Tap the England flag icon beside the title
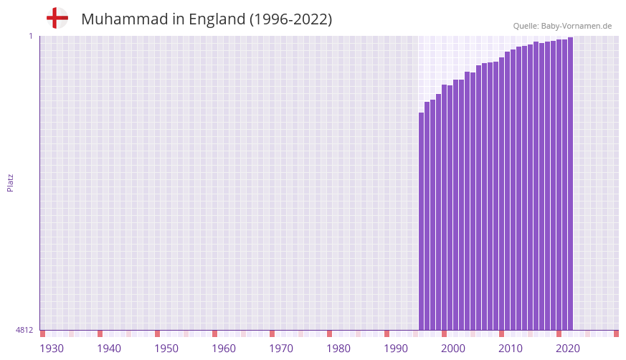pyautogui.click(x=57, y=19)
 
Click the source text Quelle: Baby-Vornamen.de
pyautogui.click(x=562, y=26)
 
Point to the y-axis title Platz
pyautogui.click(x=10, y=182)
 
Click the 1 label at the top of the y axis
pyautogui.click(x=30, y=36)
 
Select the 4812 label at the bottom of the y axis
pyautogui.click(x=24, y=331)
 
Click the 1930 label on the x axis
pyautogui.click(x=52, y=349)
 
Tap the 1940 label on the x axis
pyautogui.click(x=109, y=349)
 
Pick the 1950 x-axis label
pyautogui.click(x=166, y=349)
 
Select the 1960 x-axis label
pyautogui.click(x=224, y=349)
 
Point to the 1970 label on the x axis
pyautogui.click(x=281, y=349)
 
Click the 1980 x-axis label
pyautogui.click(x=338, y=349)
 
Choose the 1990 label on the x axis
pyautogui.click(x=396, y=349)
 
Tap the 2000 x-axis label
pyautogui.click(x=453, y=349)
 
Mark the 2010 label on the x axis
pyautogui.click(x=511, y=349)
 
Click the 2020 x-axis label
pyautogui.click(x=568, y=349)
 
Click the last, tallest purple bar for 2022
pyautogui.click(x=570, y=184)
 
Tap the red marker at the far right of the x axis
pyautogui.click(x=616, y=333)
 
